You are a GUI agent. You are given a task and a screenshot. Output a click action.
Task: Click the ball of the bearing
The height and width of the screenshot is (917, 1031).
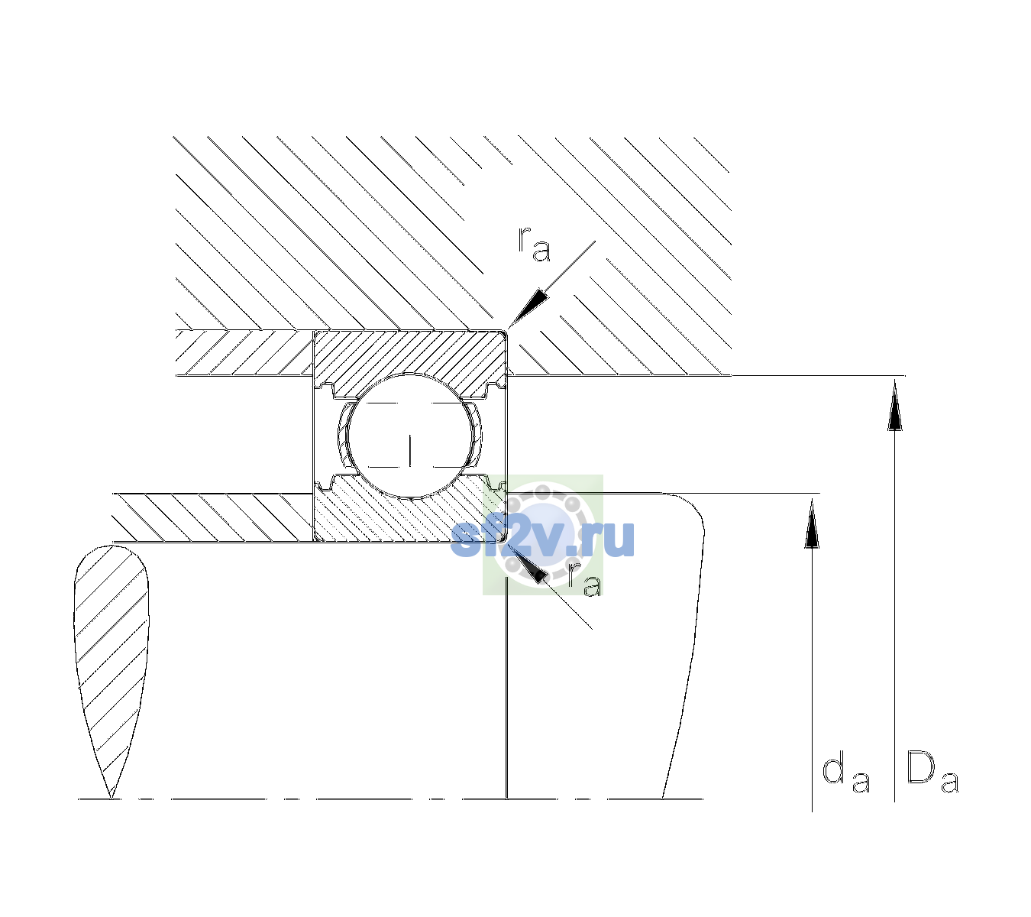tap(410, 436)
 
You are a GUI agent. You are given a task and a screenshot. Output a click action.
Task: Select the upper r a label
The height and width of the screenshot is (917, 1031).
tap(534, 244)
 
